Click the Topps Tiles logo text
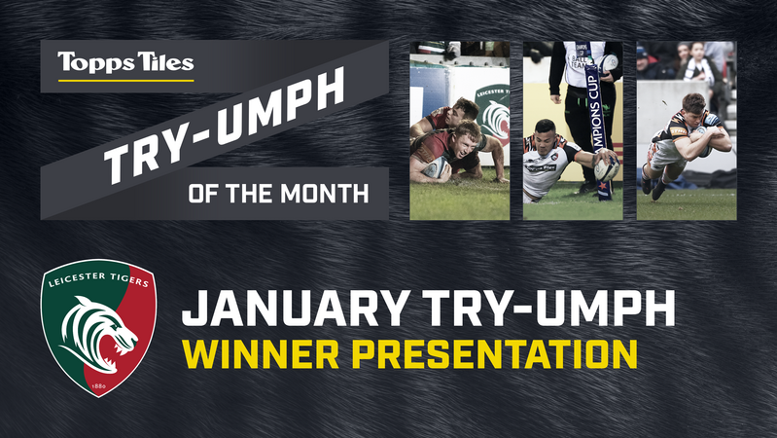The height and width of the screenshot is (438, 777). click(x=125, y=63)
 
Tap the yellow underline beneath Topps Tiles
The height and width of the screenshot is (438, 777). click(x=125, y=80)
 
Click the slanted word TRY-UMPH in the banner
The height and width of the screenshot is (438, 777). click(x=224, y=125)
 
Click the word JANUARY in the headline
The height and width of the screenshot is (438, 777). click(x=296, y=308)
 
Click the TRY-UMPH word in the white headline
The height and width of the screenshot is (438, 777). click(x=548, y=308)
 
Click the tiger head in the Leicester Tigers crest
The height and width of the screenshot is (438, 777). click(x=98, y=334)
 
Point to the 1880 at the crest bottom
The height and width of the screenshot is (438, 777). click(x=99, y=385)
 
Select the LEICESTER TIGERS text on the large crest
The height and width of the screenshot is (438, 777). click(x=98, y=278)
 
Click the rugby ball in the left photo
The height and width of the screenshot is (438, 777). click(x=436, y=167)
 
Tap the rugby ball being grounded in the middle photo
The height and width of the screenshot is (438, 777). click(x=607, y=169)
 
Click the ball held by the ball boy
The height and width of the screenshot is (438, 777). click(x=609, y=63)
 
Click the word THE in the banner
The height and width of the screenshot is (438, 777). click(x=249, y=194)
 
